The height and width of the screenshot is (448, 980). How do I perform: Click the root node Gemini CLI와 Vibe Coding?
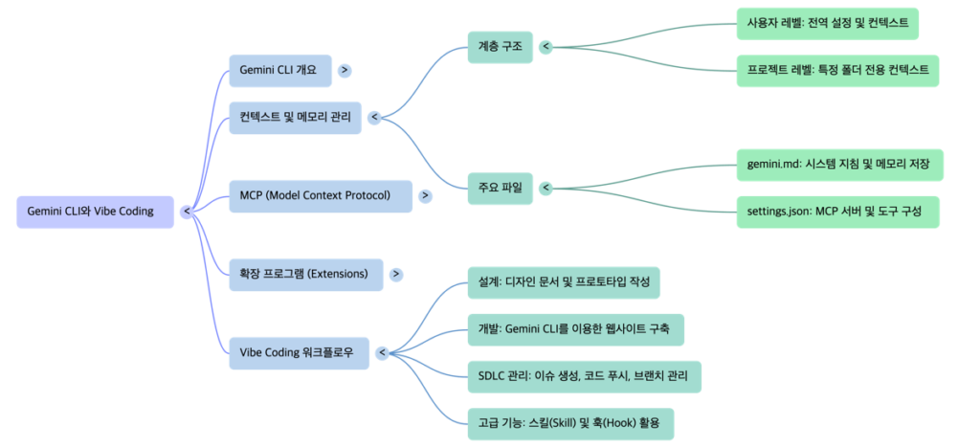[95, 212]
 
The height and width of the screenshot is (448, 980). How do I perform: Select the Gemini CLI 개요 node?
[278, 71]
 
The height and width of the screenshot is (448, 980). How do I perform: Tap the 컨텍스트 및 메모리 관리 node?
[295, 118]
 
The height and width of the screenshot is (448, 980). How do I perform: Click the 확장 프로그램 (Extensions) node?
[304, 274]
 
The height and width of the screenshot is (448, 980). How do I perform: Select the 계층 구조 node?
[500, 46]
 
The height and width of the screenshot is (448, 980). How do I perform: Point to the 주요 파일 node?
[500, 188]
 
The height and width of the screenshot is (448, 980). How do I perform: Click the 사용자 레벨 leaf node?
[827, 23]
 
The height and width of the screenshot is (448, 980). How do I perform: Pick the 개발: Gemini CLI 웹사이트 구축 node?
[575, 329]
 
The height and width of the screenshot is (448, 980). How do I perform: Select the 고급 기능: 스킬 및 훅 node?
[569, 422]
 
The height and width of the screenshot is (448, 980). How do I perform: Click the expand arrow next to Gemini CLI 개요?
[344, 71]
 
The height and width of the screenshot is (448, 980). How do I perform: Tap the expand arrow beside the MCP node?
[425, 195]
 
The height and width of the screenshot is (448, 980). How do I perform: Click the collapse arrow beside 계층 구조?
[546, 46]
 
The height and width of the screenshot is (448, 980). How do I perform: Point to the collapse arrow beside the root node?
[187, 212]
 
